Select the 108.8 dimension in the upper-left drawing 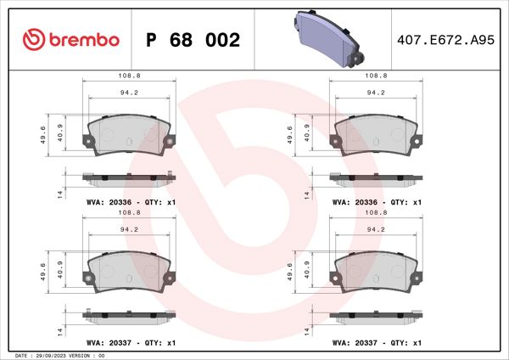pyautogui.click(x=130, y=75)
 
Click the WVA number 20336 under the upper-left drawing pyautogui.click(x=115, y=203)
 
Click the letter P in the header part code pyautogui.click(x=153, y=40)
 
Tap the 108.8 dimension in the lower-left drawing pyautogui.click(x=130, y=214)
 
